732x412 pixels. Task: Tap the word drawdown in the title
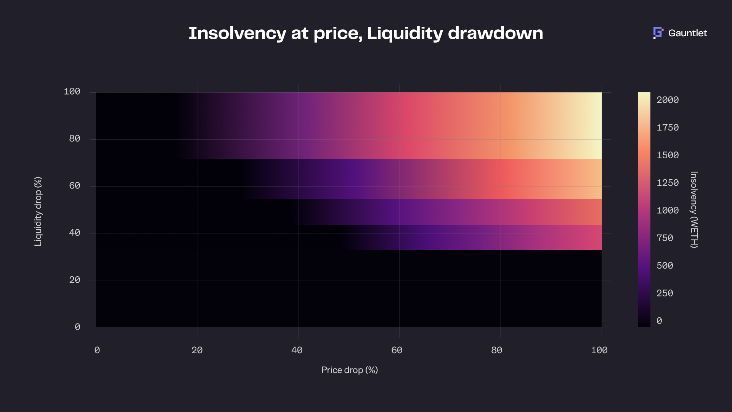[x=495, y=33]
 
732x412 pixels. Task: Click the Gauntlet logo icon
[x=658, y=33]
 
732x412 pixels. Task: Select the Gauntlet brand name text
[x=687, y=33]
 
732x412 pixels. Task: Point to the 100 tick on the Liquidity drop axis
[x=72, y=92]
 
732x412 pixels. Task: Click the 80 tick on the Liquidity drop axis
[x=75, y=138]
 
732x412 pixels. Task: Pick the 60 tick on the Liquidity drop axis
[x=75, y=186]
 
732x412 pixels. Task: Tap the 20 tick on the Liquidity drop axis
[x=75, y=280]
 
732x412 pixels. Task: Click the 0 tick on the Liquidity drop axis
[x=77, y=327]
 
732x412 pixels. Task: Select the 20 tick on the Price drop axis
[x=197, y=350]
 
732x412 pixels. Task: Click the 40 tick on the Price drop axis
[x=297, y=350]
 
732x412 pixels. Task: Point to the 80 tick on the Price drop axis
[x=497, y=350]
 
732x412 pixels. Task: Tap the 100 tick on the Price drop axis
[x=599, y=350]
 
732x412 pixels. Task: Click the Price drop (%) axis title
[x=350, y=370]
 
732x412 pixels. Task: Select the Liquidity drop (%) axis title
[x=38, y=211]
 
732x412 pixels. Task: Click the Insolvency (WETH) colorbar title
[x=694, y=210]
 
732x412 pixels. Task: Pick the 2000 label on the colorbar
[x=668, y=100]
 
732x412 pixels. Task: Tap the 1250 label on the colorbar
[x=668, y=183]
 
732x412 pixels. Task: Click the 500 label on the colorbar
[x=665, y=266]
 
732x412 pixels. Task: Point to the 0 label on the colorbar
[x=659, y=321]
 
